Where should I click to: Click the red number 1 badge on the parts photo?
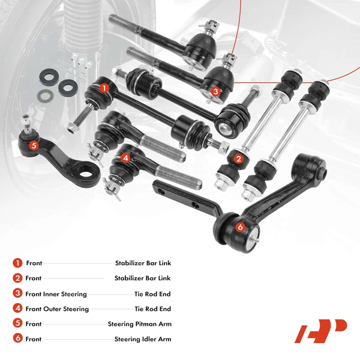click(x=104, y=88)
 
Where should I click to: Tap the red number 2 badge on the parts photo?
click(x=239, y=159)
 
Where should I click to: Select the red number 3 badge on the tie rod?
click(x=216, y=91)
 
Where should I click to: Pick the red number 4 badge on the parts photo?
click(x=125, y=158)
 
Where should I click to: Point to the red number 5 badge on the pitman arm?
click(x=33, y=145)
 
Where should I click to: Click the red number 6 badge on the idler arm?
click(x=240, y=227)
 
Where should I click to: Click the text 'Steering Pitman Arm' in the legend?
click(x=139, y=324)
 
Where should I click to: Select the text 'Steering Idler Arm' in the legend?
click(x=142, y=339)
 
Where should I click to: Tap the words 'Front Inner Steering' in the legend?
click(x=56, y=294)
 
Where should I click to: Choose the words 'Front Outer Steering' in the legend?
click(x=57, y=309)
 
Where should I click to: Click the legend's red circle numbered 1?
click(x=17, y=263)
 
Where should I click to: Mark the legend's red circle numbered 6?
click(x=17, y=339)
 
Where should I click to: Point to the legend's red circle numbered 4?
click(x=17, y=309)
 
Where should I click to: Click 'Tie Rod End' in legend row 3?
click(x=152, y=294)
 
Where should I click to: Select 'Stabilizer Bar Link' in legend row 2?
click(x=142, y=278)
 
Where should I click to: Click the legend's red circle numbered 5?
click(x=17, y=324)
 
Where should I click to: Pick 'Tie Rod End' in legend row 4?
click(x=152, y=309)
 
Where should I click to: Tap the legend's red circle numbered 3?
click(x=17, y=294)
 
